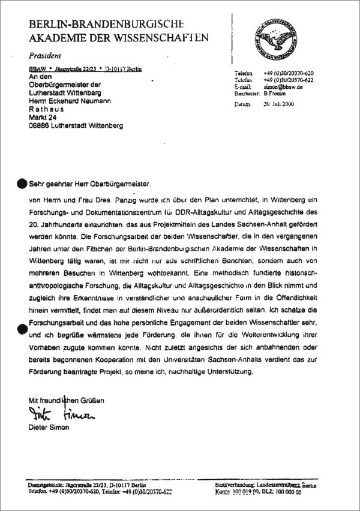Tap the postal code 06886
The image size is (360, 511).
[x=40, y=127]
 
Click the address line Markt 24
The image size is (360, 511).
[x=44, y=118]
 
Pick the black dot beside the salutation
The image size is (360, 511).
[x=22, y=183]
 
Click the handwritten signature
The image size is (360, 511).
[x=61, y=414]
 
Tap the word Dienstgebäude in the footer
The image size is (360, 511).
[x=44, y=483]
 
